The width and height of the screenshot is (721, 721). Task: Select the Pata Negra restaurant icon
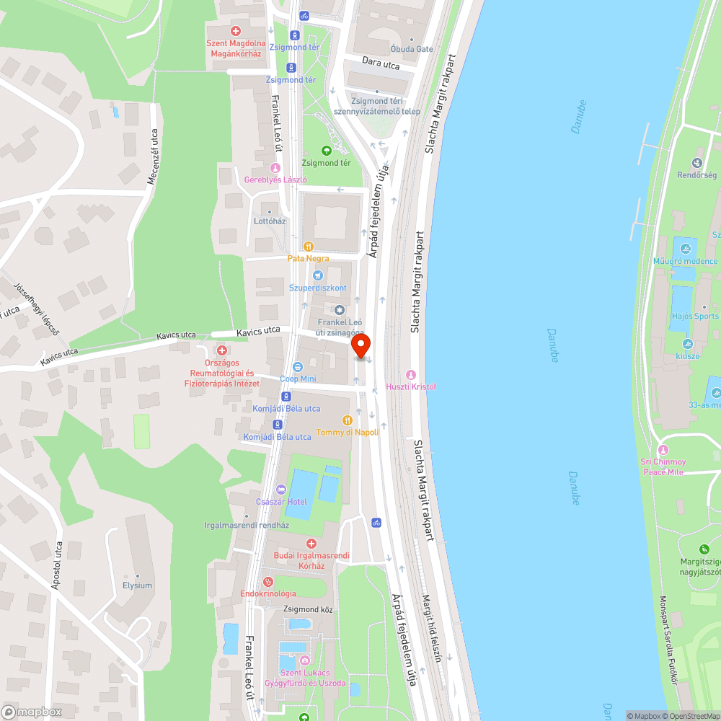[309, 246]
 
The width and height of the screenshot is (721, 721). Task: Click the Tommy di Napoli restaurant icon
[348, 420]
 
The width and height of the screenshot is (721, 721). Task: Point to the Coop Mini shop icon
[297, 366]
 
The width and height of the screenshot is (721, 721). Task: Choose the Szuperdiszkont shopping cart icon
[317, 275]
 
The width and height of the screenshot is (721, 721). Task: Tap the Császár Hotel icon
[280, 490]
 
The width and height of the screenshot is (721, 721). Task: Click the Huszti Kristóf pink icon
[411, 374]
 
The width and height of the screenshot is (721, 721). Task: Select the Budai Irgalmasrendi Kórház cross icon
[311, 543]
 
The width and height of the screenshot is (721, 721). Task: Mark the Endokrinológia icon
[268, 581]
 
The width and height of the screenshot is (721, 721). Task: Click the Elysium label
[137, 585]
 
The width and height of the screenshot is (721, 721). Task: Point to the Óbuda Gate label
[412, 49]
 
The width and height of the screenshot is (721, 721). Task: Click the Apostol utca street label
[56, 566]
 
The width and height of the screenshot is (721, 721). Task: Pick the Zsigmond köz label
[308, 609]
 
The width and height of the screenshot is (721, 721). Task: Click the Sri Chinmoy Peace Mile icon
[663, 448]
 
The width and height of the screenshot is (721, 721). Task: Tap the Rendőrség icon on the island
[696, 163]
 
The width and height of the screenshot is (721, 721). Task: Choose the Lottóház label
[270, 221]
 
